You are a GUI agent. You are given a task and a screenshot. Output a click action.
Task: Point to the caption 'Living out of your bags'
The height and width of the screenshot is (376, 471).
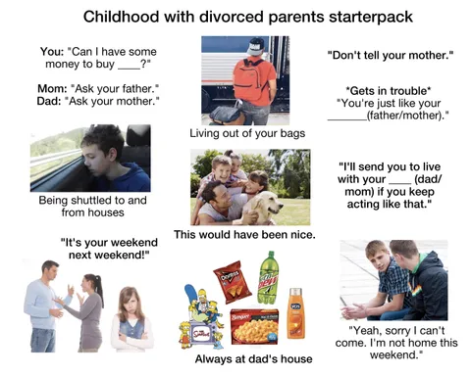coord(245,132)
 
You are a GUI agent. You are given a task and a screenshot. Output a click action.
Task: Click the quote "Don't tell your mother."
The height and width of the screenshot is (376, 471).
coord(390,55)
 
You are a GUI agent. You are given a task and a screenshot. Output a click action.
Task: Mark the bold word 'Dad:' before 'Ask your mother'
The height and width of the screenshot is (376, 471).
coord(54,101)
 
